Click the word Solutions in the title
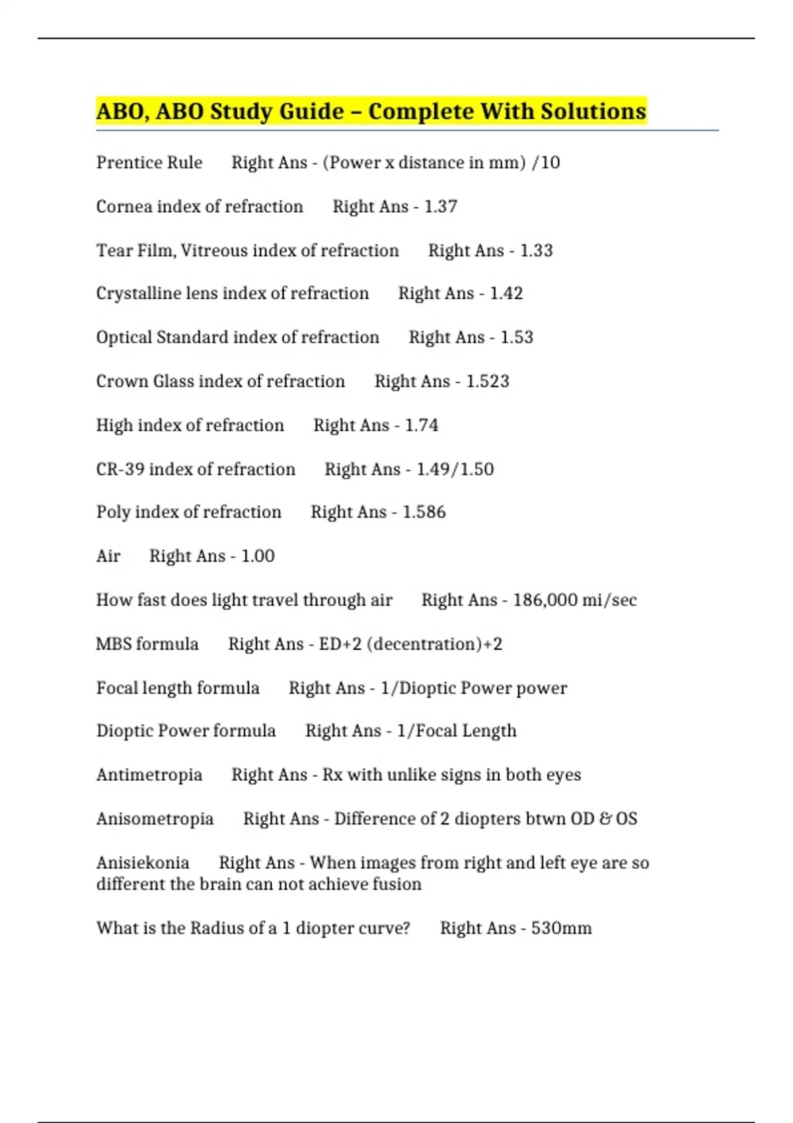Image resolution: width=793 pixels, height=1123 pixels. [593, 111]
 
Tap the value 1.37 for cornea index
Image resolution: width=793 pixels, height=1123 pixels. [441, 207]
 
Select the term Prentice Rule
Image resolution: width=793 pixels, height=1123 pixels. [149, 163]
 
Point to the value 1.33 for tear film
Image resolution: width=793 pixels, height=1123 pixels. [537, 250]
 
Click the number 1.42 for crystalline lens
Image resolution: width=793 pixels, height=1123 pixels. [506, 293]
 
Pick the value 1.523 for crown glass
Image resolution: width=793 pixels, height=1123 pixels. [488, 381]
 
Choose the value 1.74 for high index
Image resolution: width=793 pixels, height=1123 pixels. [422, 425]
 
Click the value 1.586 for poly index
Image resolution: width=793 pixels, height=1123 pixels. [424, 512]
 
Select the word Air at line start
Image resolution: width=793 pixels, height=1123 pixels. [108, 556]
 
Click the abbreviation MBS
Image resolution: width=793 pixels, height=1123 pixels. [113, 644]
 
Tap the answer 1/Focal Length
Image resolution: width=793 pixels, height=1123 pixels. [457, 731]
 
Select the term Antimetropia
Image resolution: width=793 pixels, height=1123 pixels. [149, 775]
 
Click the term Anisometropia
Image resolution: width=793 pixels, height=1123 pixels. [155, 819]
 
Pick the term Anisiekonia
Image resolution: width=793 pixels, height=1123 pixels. [143, 863]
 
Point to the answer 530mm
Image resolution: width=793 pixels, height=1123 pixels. [562, 928]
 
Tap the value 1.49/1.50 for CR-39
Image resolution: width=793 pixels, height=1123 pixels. [455, 469]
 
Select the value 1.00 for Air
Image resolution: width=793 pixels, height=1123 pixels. [258, 556]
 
